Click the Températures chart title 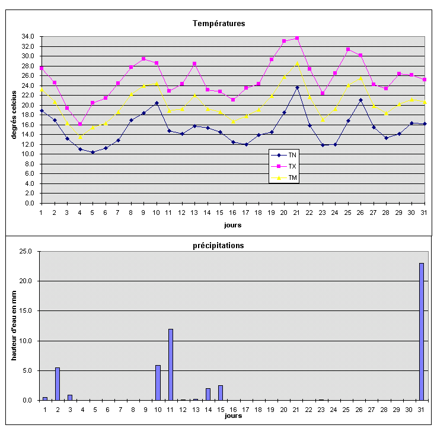click(x=219, y=24)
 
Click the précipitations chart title click(x=219, y=245)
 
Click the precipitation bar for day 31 click(x=422, y=332)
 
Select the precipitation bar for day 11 click(x=171, y=364)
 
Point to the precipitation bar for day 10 click(x=158, y=383)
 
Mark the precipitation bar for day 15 click(x=221, y=393)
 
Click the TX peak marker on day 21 click(x=297, y=38)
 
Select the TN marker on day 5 click(x=92, y=152)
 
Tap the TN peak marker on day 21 click(x=297, y=87)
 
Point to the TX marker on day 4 click(x=80, y=124)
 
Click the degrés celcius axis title click(x=13, y=114)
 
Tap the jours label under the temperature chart click(x=232, y=225)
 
